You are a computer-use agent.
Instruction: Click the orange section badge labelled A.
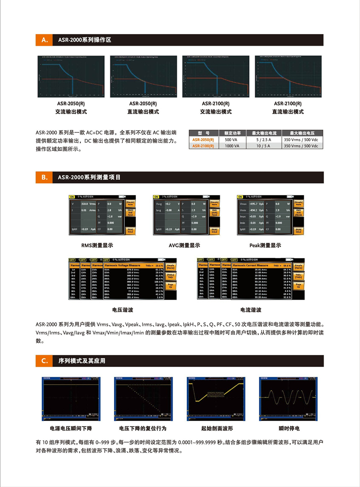(x=45, y=40)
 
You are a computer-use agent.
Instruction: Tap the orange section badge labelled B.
(x=45, y=177)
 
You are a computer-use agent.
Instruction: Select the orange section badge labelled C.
(x=45, y=361)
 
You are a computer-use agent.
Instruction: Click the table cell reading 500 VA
(x=232, y=139)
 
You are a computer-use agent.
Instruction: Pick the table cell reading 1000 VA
(x=232, y=145)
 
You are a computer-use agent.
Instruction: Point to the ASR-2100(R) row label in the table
(x=203, y=145)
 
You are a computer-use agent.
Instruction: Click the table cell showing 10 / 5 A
(x=264, y=145)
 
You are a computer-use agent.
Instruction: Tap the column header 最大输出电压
(x=301, y=132)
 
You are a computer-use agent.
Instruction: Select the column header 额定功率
(x=232, y=132)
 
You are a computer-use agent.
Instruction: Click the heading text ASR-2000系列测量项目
(x=90, y=177)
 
